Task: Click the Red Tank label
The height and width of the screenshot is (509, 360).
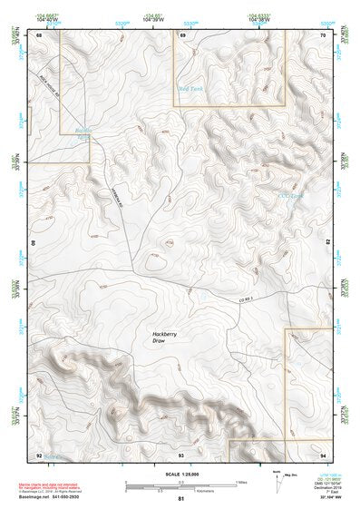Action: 190,89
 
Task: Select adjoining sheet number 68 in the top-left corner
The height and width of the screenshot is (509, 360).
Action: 38,35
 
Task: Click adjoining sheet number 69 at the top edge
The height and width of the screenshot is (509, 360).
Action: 182,35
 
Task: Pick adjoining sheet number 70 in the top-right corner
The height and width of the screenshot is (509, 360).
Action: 322,35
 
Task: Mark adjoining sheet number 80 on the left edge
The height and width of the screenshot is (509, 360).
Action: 35,243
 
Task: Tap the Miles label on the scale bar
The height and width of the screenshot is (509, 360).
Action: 240,482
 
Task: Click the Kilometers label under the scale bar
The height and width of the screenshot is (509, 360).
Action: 181,491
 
